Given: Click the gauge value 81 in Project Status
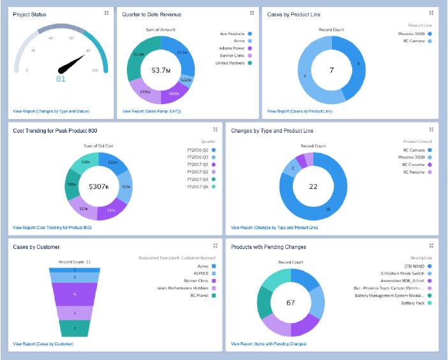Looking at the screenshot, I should pyautogui.click(x=61, y=79).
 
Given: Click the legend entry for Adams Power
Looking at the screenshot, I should pyautogui.click(x=232, y=48).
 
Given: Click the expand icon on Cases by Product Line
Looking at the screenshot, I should pyautogui.click(x=432, y=13).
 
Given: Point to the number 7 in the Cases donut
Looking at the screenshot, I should pyautogui.click(x=331, y=70).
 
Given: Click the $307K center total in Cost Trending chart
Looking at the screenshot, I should pyautogui.click(x=99, y=186).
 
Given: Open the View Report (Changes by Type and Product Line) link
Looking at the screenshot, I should pyautogui.click(x=274, y=227).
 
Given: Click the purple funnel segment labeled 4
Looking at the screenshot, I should pyautogui.click(x=75, y=294).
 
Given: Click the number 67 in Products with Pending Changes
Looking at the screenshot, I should pyautogui.click(x=290, y=303).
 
